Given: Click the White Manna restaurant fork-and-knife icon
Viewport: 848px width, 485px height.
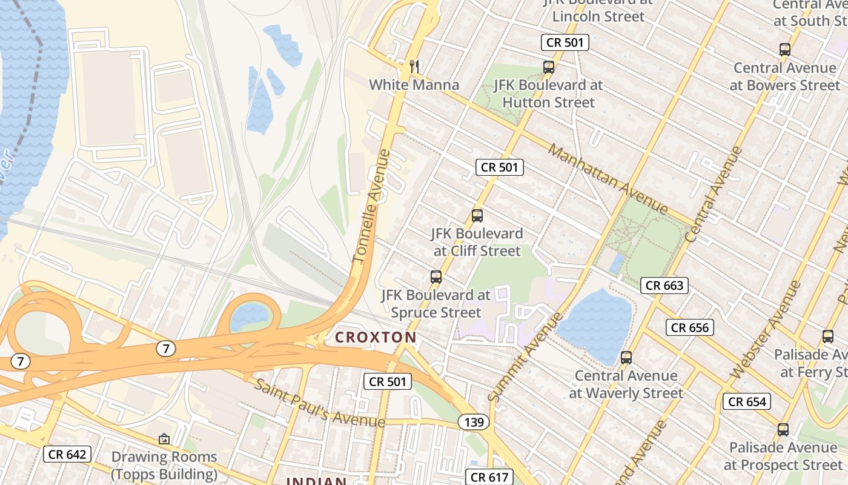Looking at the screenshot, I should click(x=414, y=67).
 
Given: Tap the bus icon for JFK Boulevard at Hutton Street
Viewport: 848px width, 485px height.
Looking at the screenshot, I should click(x=549, y=67).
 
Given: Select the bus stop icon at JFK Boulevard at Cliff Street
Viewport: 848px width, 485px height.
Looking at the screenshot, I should click(x=477, y=216).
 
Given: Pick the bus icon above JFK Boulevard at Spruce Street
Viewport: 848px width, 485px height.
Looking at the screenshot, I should click(x=436, y=278).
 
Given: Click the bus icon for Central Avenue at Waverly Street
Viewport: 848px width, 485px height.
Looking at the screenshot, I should click(x=626, y=358).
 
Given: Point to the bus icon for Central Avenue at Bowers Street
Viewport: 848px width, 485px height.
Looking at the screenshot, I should click(x=785, y=50).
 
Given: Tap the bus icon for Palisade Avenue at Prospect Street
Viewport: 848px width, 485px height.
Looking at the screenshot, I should click(x=783, y=430).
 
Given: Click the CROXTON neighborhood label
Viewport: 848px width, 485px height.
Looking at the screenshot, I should click(x=376, y=338).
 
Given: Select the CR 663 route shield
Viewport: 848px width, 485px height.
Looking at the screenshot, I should click(x=664, y=285).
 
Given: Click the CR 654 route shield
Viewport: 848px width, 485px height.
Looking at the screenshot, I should click(x=747, y=401).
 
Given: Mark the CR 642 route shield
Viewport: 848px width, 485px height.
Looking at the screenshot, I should click(x=67, y=454).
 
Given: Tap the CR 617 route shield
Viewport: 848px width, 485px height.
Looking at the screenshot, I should click(x=489, y=477).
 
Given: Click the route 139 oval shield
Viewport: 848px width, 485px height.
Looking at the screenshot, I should click(x=473, y=422).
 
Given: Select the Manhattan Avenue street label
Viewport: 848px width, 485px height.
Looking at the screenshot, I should click(x=608, y=179).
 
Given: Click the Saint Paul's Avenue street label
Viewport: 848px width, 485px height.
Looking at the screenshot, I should click(x=319, y=403).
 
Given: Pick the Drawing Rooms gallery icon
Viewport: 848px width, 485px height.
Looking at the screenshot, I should click(x=164, y=439).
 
